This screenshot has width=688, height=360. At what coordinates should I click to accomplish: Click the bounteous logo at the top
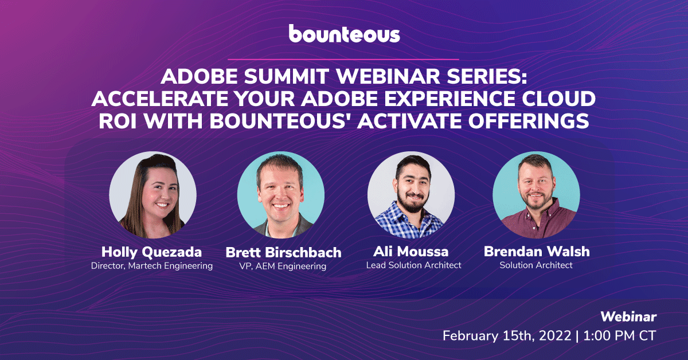tap(345, 33)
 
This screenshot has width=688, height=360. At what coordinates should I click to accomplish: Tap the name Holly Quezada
tap(152, 252)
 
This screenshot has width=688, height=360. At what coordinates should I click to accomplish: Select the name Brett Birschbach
tap(283, 252)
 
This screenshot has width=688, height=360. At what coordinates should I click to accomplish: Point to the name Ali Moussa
tap(411, 252)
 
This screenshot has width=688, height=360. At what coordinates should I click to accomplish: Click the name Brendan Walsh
tap(537, 252)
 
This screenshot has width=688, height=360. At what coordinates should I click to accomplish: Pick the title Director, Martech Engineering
tap(152, 265)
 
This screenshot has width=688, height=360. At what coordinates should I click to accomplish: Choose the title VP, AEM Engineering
tap(283, 266)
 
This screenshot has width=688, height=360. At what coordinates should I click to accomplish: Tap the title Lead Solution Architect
tap(414, 265)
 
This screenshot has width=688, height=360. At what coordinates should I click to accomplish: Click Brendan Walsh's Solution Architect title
tap(536, 265)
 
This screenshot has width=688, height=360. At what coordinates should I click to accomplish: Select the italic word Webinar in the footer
tap(628, 317)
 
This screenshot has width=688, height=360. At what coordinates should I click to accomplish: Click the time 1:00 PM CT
tap(620, 336)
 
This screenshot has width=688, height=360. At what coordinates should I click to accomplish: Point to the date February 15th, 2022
tap(507, 336)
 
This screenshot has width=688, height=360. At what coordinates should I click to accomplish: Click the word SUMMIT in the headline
tap(287, 76)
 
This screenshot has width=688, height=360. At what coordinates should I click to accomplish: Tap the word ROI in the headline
tap(118, 121)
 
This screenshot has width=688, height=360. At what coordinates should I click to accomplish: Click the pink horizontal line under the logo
tap(343, 59)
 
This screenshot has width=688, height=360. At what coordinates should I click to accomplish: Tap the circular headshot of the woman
tap(153, 195)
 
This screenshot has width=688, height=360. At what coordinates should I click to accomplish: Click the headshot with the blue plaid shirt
tap(411, 195)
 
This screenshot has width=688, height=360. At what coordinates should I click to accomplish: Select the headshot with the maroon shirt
tap(536, 195)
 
